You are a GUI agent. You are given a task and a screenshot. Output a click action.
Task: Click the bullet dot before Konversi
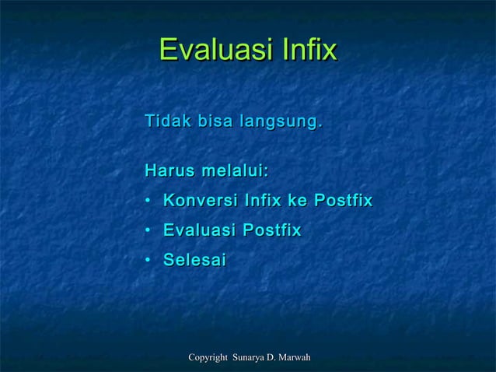[x=148, y=202]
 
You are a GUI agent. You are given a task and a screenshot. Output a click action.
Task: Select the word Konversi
[x=200, y=202]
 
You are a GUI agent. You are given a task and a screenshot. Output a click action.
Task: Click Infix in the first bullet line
[x=263, y=202]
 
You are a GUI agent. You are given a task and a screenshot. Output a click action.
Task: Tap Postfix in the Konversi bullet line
[x=343, y=202]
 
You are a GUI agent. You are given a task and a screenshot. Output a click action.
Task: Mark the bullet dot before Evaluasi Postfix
[x=148, y=232]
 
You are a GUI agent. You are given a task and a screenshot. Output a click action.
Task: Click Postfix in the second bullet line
[x=272, y=231]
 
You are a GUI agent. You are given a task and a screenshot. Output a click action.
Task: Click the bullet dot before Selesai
[x=148, y=261]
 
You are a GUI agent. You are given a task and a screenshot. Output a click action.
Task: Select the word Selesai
[x=194, y=261]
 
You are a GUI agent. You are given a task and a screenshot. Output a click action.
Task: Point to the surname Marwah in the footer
[x=295, y=357]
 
